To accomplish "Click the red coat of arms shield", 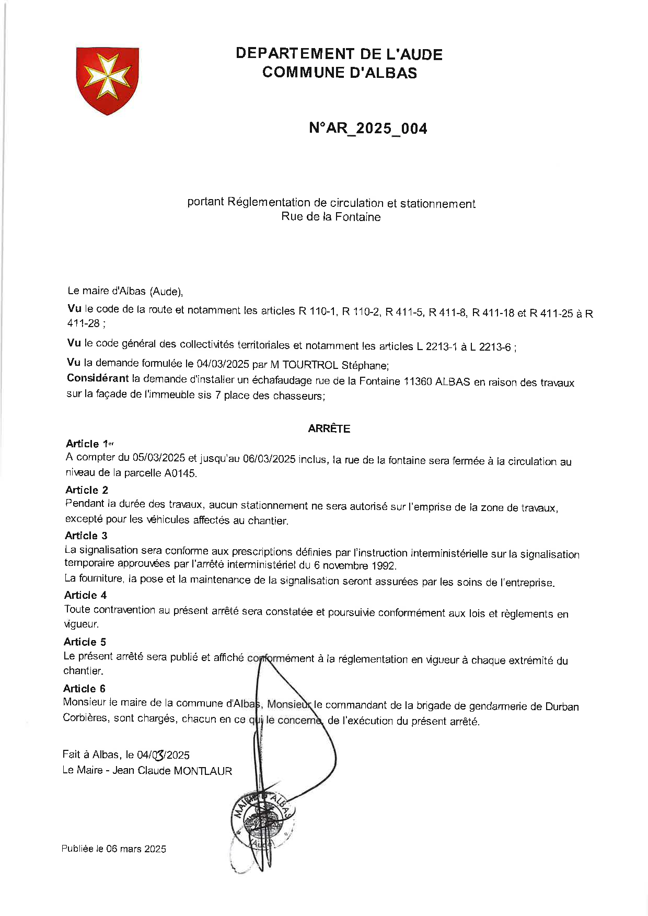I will pos(108,79).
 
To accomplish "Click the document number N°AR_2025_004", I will pos(368,128).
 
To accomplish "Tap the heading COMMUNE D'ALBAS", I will pos(340,72).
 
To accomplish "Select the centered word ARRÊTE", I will pos(329,428).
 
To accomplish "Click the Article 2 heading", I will pos(87,490).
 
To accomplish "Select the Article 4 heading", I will pos(85,595).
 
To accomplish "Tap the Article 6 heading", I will pos(84,689).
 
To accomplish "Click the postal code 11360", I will pos(418,381).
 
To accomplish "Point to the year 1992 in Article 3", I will pos(384,566).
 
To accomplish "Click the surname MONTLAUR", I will pos(203,771).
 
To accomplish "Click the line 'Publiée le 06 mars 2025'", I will pos(113,849).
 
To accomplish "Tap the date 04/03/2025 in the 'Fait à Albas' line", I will pos(163,755).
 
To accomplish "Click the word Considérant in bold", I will pos(98,378).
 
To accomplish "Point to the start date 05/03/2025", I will pos(159,458).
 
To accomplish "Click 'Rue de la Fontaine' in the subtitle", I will pos(331,217).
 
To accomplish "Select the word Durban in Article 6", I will pos(562,707).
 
